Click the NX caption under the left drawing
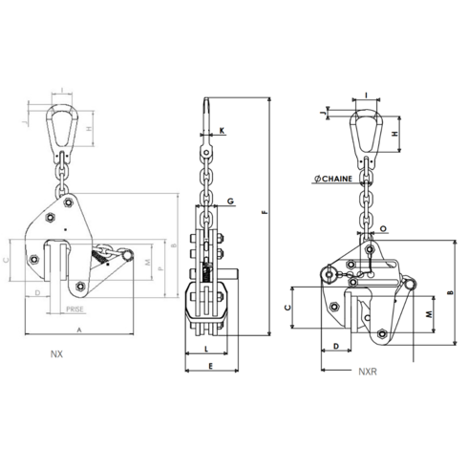tap(59, 352)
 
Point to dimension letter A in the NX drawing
tap(78, 328)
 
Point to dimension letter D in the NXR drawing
tap(336, 344)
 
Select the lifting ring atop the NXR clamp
tap(367, 129)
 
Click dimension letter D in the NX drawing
tap(35, 292)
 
